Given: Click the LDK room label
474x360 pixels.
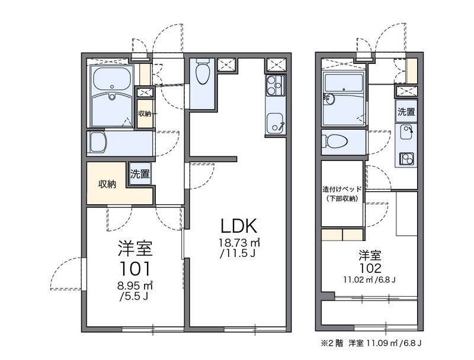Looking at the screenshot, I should click(238, 226).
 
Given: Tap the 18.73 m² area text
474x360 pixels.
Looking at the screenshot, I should click(239, 243).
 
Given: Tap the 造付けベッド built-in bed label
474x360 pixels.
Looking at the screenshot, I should click(342, 189).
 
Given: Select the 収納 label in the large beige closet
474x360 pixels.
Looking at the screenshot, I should click(107, 184).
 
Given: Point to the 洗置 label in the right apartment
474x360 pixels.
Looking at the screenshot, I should click(406, 111).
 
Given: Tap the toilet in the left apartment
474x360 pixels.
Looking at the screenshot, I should click(202, 75).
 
